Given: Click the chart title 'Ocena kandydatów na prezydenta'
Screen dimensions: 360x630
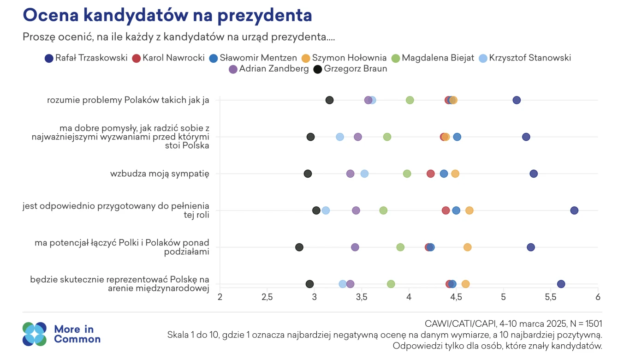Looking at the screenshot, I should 167,15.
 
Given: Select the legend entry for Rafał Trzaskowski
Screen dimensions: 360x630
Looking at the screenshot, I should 86,58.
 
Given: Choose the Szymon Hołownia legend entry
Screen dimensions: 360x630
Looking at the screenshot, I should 344,58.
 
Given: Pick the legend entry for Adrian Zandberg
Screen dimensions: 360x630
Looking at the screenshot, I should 268,69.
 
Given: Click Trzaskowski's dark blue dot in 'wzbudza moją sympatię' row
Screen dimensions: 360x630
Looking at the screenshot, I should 534,174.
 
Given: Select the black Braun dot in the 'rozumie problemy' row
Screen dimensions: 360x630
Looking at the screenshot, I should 329,100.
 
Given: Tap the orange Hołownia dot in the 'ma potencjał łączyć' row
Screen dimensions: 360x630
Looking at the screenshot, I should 467,247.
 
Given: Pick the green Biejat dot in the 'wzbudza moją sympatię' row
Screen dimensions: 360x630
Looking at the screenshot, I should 407,174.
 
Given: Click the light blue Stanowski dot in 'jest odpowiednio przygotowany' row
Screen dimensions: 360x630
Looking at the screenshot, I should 326,210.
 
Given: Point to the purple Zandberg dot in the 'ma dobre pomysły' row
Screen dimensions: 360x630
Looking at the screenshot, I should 358,137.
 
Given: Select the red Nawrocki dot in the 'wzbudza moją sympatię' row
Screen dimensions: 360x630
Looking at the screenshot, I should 430,174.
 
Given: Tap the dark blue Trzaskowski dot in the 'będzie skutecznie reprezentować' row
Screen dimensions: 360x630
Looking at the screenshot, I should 561,284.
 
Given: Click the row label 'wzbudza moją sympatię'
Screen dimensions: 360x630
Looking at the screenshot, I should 160,174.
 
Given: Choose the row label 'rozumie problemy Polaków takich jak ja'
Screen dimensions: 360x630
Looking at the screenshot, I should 128,100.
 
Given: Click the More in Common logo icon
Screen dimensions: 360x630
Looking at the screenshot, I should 35,334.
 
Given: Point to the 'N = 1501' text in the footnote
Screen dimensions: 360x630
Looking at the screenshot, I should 583,324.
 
